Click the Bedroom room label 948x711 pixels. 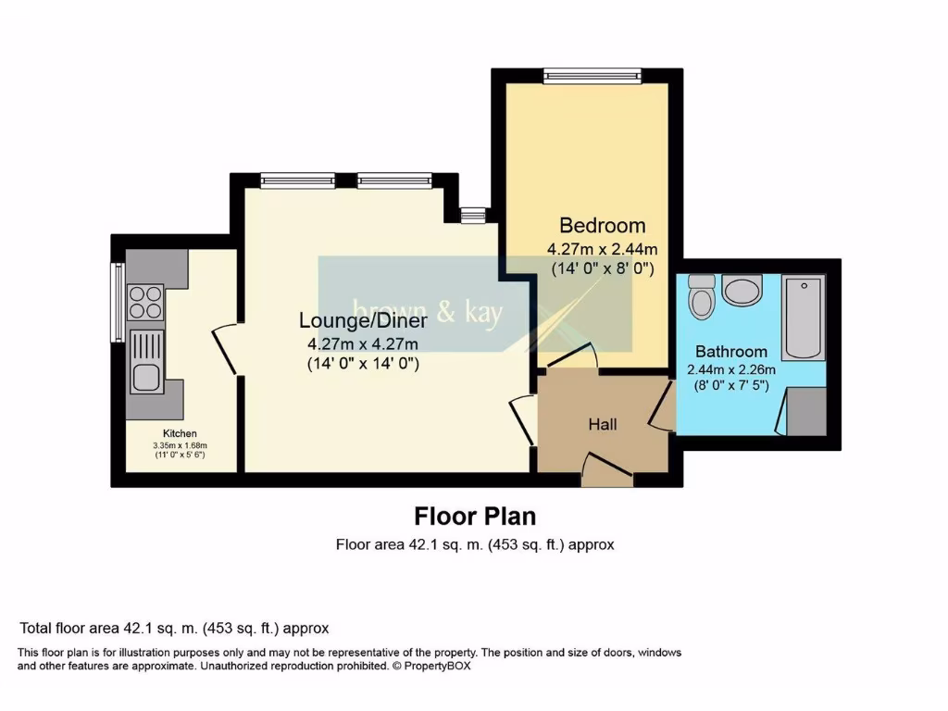pyautogui.click(x=602, y=225)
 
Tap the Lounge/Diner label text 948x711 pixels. pyautogui.click(x=363, y=320)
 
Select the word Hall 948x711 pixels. pyautogui.click(x=603, y=424)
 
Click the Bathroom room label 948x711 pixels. pyautogui.click(x=731, y=352)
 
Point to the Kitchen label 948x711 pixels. pyautogui.click(x=180, y=433)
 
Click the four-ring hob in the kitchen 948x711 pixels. pyautogui.click(x=145, y=302)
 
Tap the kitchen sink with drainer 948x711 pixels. pyautogui.click(x=145, y=361)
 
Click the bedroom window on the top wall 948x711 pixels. pyautogui.click(x=592, y=76)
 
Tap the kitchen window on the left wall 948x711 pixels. pyautogui.click(x=118, y=302)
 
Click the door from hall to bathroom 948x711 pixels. pyautogui.click(x=663, y=406)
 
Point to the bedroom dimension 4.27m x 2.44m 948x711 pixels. pyautogui.click(x=602, y=249)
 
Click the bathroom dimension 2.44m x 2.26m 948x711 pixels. pyautogui.click(x=731, y=368)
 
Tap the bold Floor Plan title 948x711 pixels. pyautogui.click(x=474, y=516)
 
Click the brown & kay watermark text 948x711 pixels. pyautogui.click(x=427, y=313)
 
